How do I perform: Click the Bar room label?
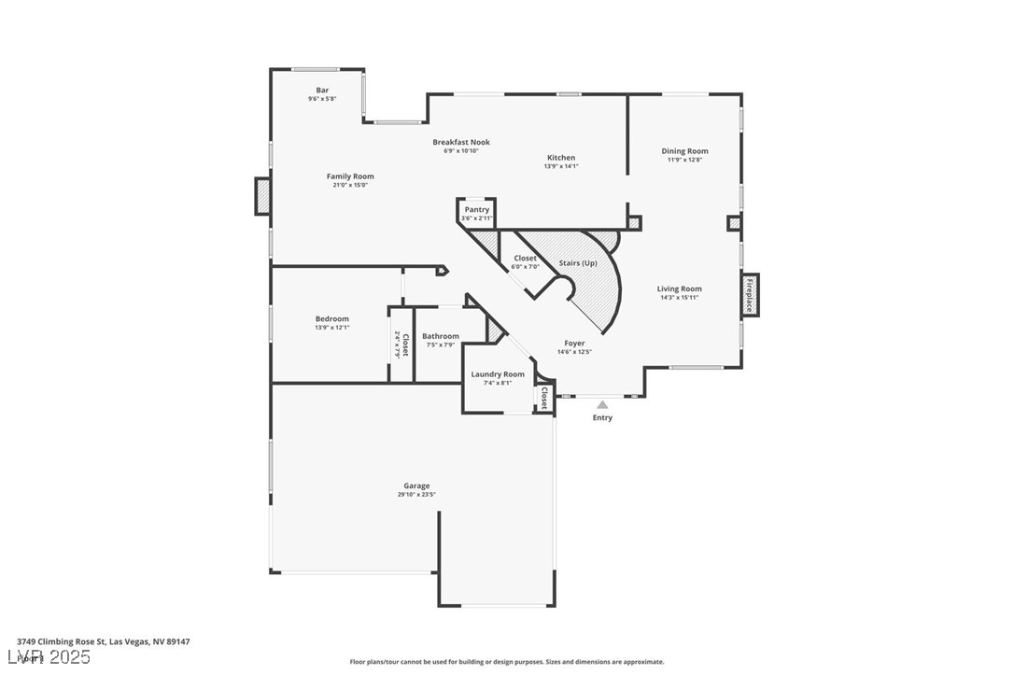pyautogui.click(x=322, y=91)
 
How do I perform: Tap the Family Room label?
pyautogui.click(x=350, y=176)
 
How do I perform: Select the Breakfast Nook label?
pyautogui.click(x=461, y=142)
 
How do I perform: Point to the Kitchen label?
pyautogui.click(x=561, y=158)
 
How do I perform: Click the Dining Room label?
pyautogui.click(x=684, y=151)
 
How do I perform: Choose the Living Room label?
pyautogui.click(x=679, y=289)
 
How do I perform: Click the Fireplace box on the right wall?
pyautogui.click(x=749, y=294)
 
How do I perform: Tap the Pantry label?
pyautogui.click(x=476, y=210)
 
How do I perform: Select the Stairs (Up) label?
pyautogui.click(x=578, y=263)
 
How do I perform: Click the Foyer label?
pyautogui.click(x=574, y=344)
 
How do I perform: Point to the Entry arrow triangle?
pyautogui.click(x=603, y=404)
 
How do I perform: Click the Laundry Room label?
pyautogui.click(x=498, y=374)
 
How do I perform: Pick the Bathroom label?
pyautogui.click(x=441, y=336)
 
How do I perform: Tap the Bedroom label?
pyautogui.click(x=332, y=319)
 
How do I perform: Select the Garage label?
pyautogui.click(x=416, y=485)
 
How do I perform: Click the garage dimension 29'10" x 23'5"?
pyautogui.click(x=416, y=495)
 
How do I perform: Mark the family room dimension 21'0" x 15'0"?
pyautogui.click(x=350, y=185)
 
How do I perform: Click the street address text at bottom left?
pyautogui.click(x=104, y=641)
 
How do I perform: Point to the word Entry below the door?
pyautogui.click(x=603, y=417)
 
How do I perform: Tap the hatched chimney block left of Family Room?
pyautogui.click(x=262, y=196)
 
